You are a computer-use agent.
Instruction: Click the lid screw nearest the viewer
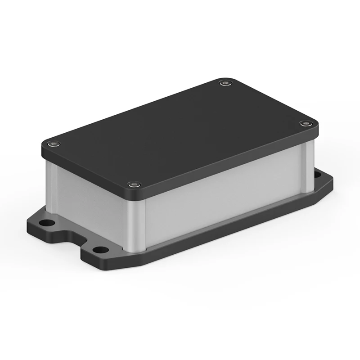click(133, 185)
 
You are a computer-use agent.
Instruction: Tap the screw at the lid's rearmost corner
click(225, 83)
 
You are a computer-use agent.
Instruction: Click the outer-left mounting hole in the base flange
click(45, 222)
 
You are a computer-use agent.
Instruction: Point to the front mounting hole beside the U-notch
click(99, 249)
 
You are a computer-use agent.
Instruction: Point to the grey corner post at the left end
click(50, 184)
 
